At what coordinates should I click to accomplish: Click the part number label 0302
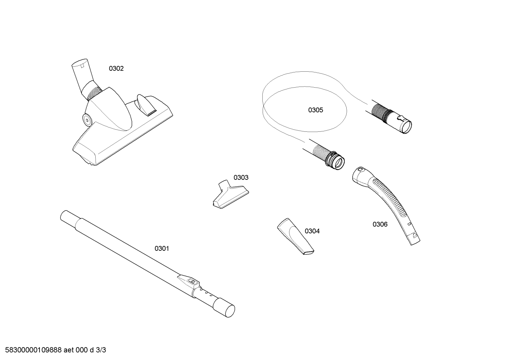116,69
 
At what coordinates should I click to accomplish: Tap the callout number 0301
162,249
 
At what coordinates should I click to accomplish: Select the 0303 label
241,177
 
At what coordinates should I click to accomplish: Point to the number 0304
312,231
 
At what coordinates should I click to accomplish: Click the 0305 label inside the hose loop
316,110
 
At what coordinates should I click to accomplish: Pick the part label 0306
380,224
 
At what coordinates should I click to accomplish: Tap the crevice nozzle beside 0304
295,236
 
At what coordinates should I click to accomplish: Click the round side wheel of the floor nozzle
87,119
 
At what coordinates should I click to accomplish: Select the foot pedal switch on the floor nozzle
145,105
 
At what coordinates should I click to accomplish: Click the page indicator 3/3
101,350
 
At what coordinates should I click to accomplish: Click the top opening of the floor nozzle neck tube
79,62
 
